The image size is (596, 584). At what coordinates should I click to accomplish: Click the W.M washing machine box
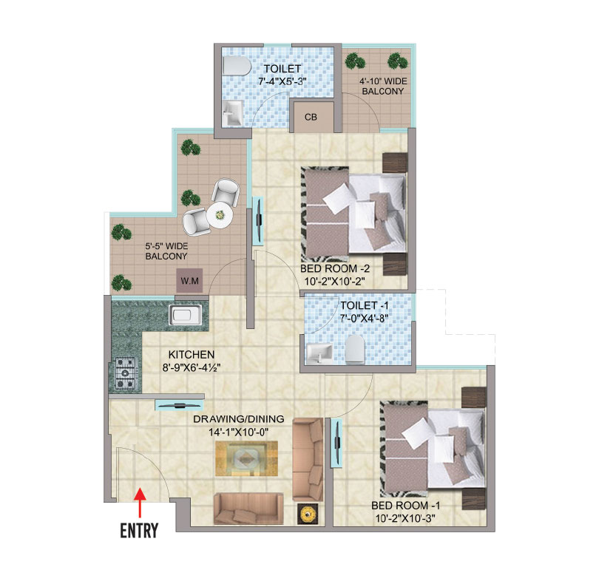click(186, 281)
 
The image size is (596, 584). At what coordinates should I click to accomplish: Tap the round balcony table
click(220, 216)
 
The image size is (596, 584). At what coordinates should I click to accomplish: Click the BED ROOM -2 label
click(332, 269)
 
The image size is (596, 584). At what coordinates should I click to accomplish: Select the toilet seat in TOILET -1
click(355, 348)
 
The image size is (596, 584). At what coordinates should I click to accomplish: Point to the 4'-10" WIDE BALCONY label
click(382, 86)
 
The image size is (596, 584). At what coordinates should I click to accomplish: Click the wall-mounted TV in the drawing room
click(179, 404)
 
